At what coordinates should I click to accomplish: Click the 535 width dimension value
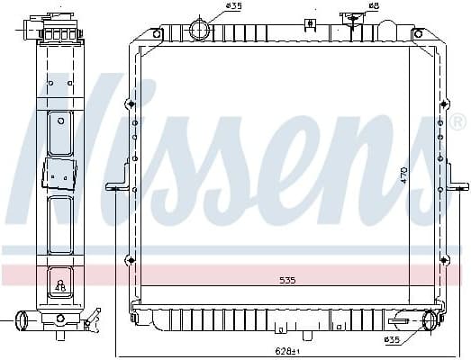pos(287,281)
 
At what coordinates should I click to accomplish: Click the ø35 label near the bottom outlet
pos(394,339)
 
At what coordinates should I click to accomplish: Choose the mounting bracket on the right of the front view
pos(458,187)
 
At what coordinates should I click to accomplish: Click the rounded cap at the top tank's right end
pos(419,33)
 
